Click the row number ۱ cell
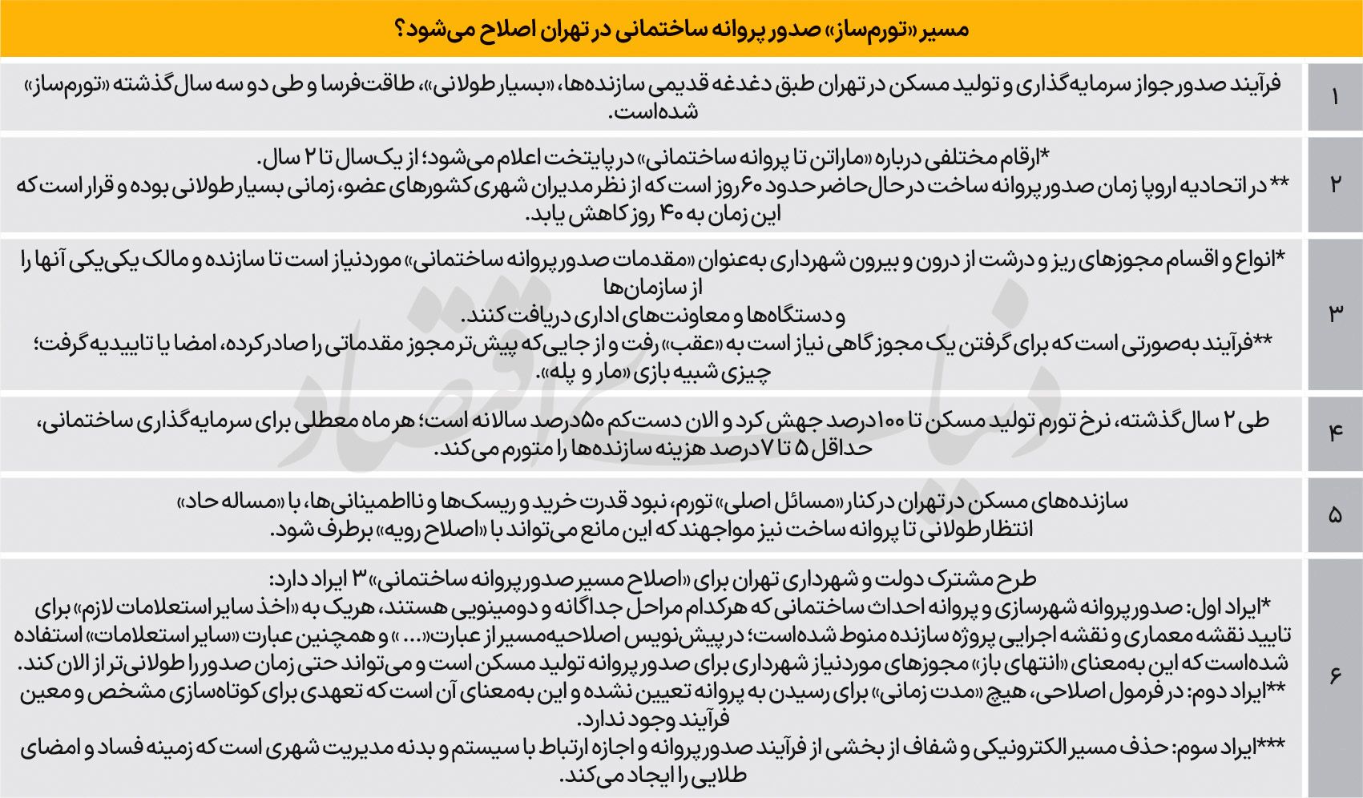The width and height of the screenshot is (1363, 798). tap(1334, 98)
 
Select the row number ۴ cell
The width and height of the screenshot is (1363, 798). tap(1334, 433)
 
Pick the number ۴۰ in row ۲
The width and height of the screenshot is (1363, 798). tap(670, 215)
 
